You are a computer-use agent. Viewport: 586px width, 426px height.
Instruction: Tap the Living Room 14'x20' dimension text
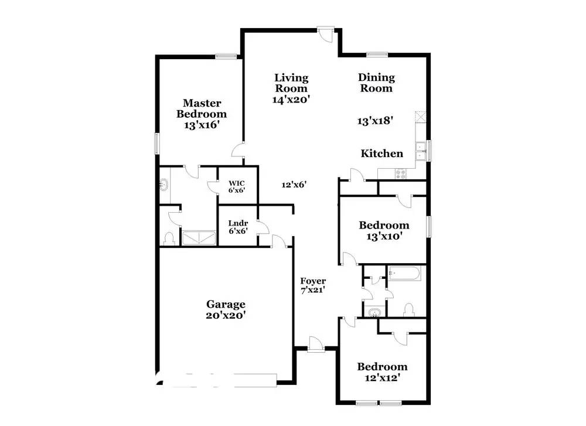pos(291,100)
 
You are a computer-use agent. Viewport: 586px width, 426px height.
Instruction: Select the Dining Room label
pos(376,83)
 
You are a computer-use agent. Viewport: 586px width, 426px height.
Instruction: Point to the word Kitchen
pos(381,154)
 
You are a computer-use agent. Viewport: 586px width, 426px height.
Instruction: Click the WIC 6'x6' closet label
pos(236,186)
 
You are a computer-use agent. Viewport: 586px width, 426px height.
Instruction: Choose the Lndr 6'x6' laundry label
pos(237,227)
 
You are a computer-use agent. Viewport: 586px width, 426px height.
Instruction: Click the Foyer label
pos(313,281)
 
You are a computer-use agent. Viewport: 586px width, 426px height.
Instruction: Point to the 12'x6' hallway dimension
pos(295,185)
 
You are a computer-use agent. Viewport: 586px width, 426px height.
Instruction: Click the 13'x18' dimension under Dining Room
pos(374,121)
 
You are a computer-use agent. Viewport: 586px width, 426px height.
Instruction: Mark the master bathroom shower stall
pos(200,238)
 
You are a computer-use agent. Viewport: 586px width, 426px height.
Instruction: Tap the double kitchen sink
pos(420,151)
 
